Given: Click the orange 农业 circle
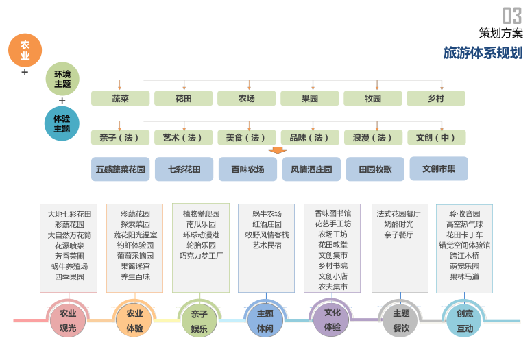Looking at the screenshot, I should [x=25, y=50].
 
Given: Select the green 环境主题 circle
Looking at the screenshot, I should [x=62, y=79].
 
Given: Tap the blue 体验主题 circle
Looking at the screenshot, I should [x=62, y=123].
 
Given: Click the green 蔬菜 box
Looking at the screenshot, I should [x=121, y=99].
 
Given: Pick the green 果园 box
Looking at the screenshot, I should [x=310, y=99].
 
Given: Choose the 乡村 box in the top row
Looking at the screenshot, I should [x=436, y=99].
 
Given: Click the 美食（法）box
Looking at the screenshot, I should [x=247, y=138].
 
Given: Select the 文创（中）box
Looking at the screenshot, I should [x=436, y=138].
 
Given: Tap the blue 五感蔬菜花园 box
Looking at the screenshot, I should [x=121, y=169].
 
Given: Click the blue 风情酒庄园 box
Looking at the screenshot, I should [x=311, y=169].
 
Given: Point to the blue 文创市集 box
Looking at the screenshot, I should [x=439, y=168].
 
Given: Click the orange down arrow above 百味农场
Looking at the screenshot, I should [x=278, y=150].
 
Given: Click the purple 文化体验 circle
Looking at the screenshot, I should [x=332, y=320].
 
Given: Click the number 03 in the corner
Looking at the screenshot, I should [x=512, y=15].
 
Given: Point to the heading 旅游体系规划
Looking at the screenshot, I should [x=483, y=53].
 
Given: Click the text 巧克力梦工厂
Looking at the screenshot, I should [x=202, y=256].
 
